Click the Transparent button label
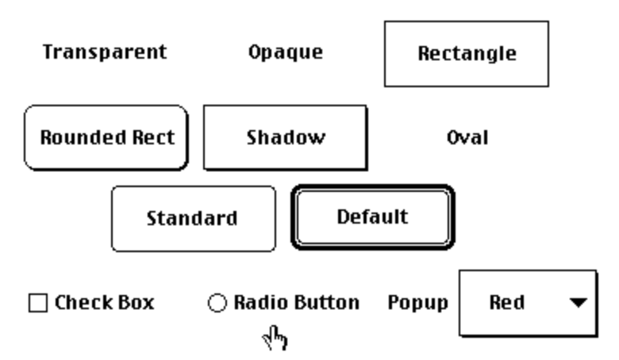[x=105, y=52]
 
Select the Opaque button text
[x=285, y=53]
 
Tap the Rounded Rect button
[x=106, y=137]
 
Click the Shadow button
[x=285, y=137]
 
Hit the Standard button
[x=192, y=218]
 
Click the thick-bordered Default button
[x=372, y=216]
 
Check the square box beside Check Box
[x=37, y=303]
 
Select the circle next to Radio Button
[x=217, y=303]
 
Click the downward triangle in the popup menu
[x=579, y=302]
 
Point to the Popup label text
[x=417, y=302]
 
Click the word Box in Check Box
[x=134, y=302]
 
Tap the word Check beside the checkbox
[x=82, y=302]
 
